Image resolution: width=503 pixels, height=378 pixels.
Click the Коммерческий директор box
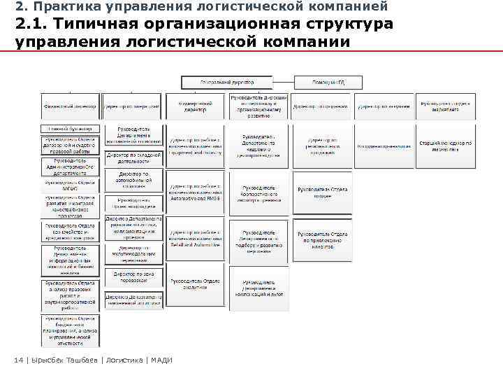tap(196, 106)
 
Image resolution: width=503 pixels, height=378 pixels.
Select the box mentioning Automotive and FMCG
tap(195, 193)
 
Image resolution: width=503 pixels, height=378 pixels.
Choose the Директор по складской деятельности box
tap(133, 158)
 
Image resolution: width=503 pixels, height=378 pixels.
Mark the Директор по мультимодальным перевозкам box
tap(133, 253)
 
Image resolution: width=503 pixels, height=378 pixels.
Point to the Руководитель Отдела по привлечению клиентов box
tap(322, 240)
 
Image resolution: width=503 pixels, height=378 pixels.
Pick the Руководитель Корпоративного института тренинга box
tap(258, 193)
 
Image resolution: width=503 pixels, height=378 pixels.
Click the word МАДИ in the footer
tap(161, 360)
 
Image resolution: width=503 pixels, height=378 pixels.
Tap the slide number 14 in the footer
tap(19, 360)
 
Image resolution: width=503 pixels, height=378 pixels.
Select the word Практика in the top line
tap(58, 6)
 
